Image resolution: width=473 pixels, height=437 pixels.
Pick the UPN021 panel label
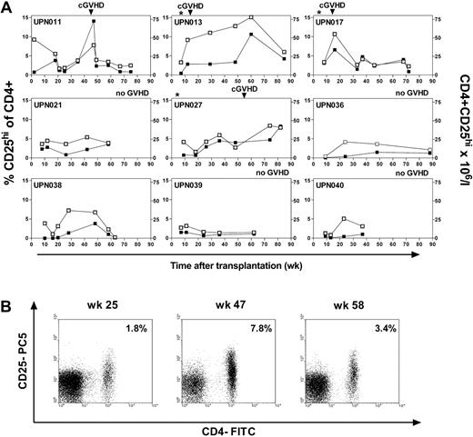click(x=51, y=105)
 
